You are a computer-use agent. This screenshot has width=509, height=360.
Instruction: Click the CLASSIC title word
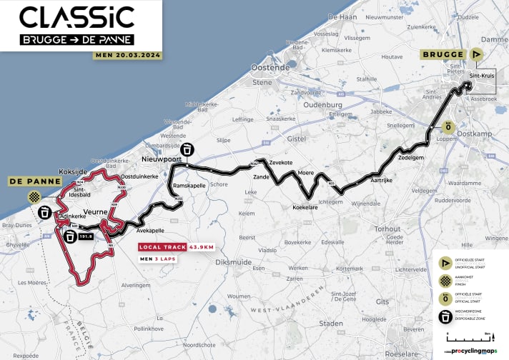click(76, 16)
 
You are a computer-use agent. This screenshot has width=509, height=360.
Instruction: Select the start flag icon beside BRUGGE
click(476, 54)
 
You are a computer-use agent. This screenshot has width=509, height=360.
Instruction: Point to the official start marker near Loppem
click(448, 127)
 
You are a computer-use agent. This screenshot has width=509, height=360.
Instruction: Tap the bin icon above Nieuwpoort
click(187, 150)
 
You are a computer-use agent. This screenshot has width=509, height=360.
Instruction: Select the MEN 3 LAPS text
click(159, 259)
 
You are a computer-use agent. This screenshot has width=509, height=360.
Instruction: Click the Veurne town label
click(94, 212)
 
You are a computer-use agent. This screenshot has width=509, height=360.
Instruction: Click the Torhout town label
click(389, 229)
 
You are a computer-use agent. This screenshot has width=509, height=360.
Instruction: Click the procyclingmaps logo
click(470, 351)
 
